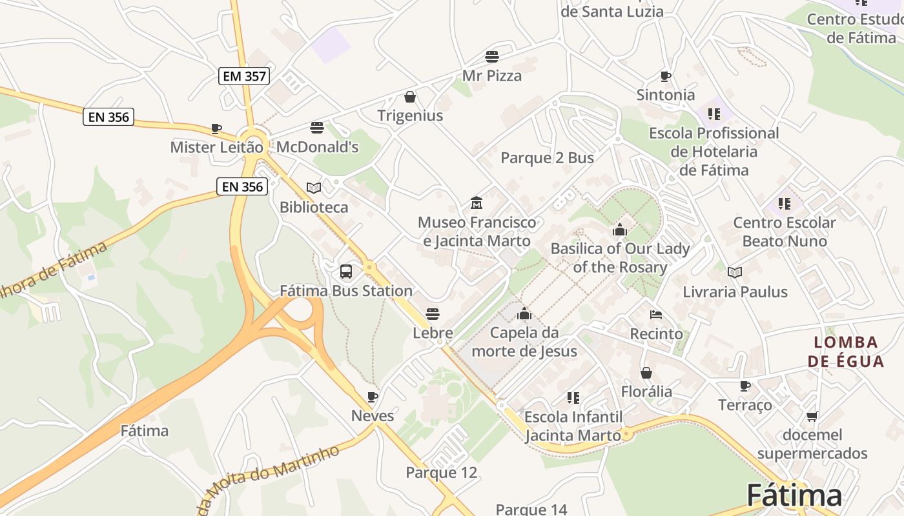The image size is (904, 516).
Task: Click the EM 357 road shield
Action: [x=243, y=76]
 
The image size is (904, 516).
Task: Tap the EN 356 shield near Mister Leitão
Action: [x=108, y=117]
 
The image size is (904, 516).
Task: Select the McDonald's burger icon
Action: [x=316, y=128]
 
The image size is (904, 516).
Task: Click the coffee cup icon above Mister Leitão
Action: [x=216, y=128]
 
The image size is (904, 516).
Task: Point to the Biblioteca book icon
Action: [x=314, y=188]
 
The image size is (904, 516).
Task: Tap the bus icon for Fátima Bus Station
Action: [x=346, y=272]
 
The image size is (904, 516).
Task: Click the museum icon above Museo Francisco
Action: [x=477, y=203]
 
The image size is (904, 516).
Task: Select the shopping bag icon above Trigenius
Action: [x=409, y=97]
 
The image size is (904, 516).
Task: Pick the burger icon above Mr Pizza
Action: [x=492, y=56]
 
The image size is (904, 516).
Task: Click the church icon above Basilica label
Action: [x=620, y=229]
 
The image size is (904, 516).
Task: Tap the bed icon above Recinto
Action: [x=656, y=315]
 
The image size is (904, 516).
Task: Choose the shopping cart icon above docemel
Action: [x=812, y=416]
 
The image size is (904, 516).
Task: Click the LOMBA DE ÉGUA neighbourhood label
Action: [x=845, y=352]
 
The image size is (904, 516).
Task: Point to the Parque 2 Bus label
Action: [x=548, y=158]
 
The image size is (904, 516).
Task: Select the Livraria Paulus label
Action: [x=735, y=292]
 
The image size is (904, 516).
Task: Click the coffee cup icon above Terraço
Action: [x=745, y=386]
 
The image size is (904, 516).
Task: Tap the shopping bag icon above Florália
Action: [x=646, y=373]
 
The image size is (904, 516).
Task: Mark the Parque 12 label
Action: [x=442, y=473]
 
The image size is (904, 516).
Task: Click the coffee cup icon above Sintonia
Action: [x=666, y=76]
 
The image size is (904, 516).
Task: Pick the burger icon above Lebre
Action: [x=433, y=314]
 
